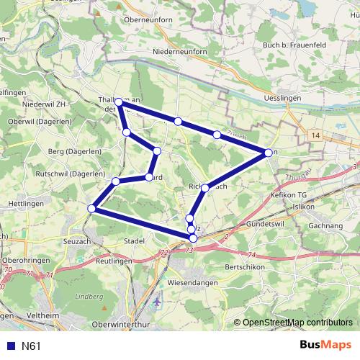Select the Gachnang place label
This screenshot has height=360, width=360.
coord(325,225)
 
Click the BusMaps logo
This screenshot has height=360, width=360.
coord(325,346)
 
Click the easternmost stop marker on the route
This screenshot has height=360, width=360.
coord(268,153)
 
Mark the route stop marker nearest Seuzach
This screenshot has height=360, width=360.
coord(91,209)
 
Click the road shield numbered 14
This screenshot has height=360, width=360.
coord(316,135)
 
